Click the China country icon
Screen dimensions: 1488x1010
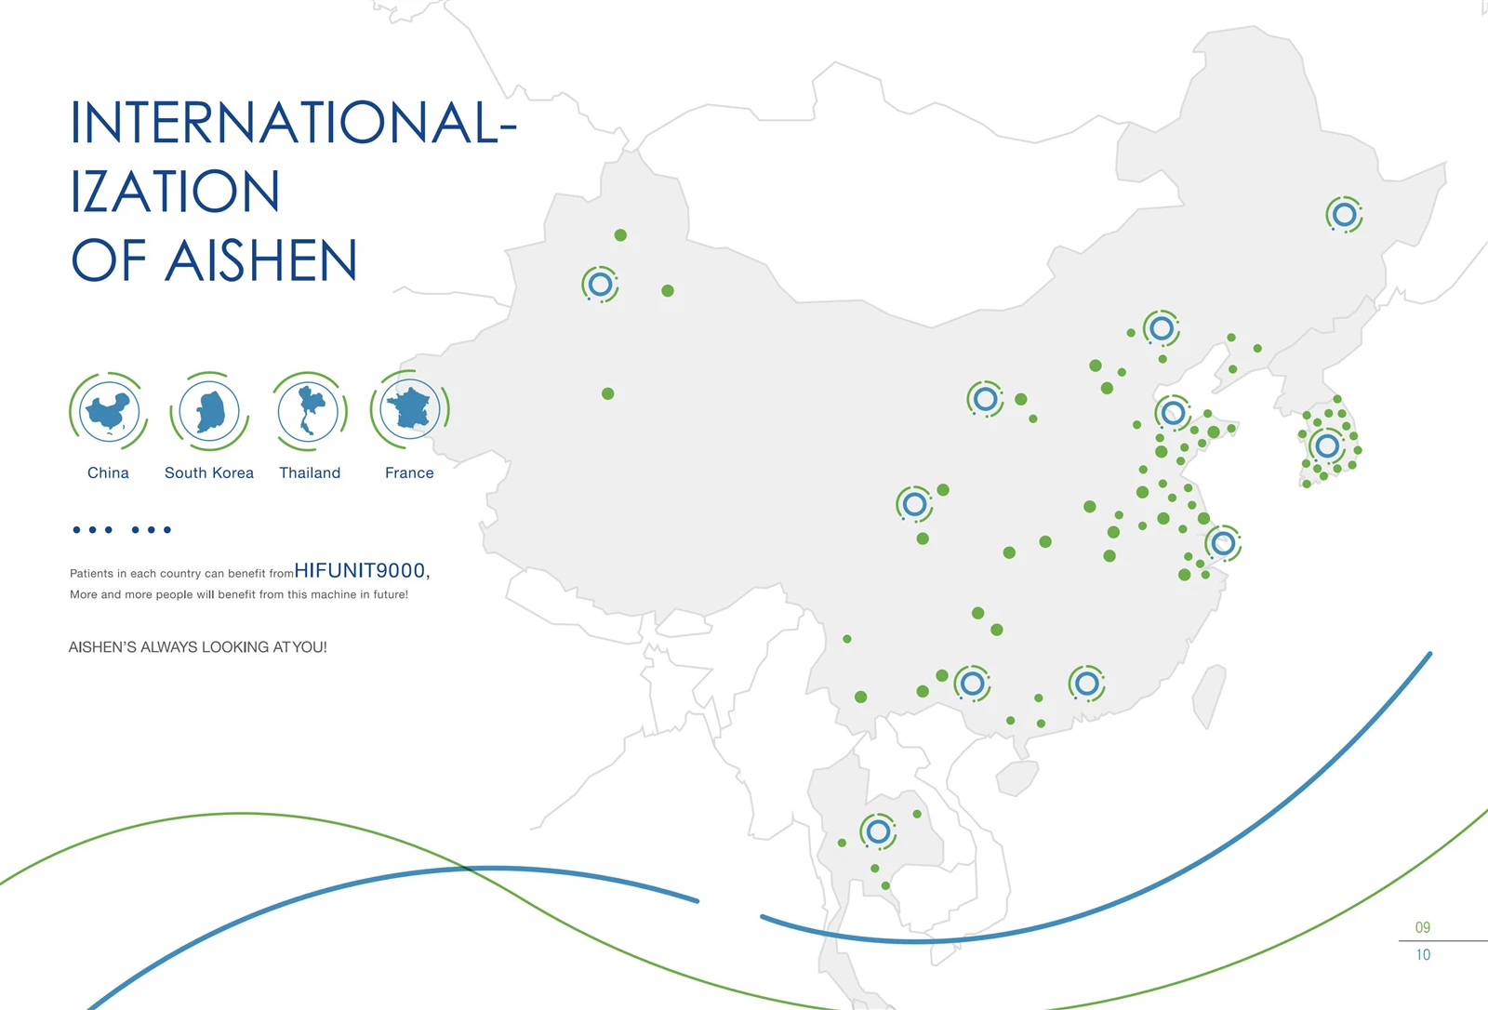[108, 411]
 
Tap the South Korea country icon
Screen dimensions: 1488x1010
[209, 411]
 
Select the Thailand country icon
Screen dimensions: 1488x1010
[309, 411]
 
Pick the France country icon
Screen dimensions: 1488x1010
[410, 409]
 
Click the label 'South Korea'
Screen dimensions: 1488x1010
[209, 472]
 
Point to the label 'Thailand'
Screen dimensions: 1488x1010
[310, 472]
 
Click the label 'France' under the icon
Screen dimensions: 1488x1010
[409, 472]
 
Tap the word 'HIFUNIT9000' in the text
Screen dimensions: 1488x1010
[359, 570]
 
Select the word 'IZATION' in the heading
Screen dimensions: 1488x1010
[175, 192]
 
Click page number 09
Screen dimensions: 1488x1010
[1422, 927]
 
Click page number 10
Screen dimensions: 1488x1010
[1423, 955]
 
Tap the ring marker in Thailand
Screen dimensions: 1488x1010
[878, 831]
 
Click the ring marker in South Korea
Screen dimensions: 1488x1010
[1327, 445]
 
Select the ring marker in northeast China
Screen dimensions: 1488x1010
[1345, 215]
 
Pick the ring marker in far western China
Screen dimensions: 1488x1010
[600, 285]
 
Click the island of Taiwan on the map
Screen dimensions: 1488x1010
[1208, 696]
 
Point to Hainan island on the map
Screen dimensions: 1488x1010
[1016, 777]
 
